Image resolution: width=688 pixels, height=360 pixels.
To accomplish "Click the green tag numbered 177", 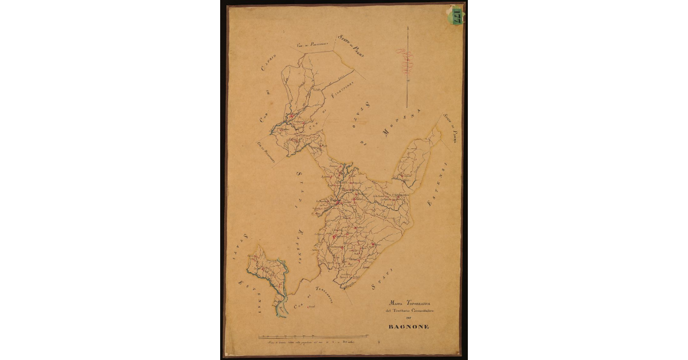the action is point(457,15).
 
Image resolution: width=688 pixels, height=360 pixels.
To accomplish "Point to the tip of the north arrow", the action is point(406,27).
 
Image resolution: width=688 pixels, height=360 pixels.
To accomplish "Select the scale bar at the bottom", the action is point(313,335).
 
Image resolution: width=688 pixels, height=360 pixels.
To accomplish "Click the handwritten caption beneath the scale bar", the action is point(312,342).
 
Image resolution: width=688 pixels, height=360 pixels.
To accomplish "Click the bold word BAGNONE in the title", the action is point(409,327).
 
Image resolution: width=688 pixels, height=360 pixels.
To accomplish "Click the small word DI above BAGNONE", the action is point(409,318).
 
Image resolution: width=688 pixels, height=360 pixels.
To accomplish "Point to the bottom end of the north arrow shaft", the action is point(406,107).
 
